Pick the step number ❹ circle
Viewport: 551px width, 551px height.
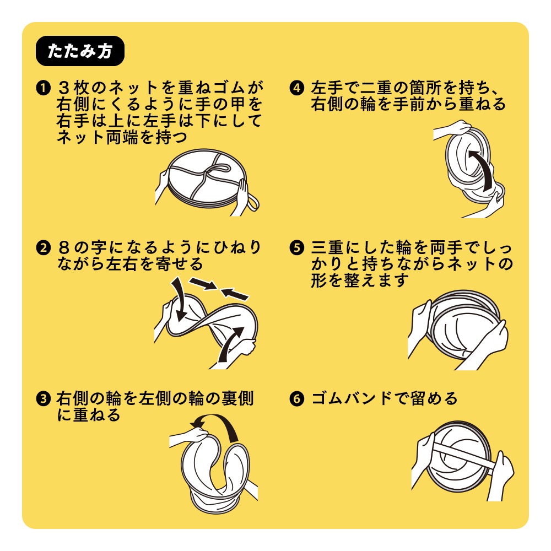[x=296, y=88]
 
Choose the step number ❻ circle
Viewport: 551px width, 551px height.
[x=296, y=398]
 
